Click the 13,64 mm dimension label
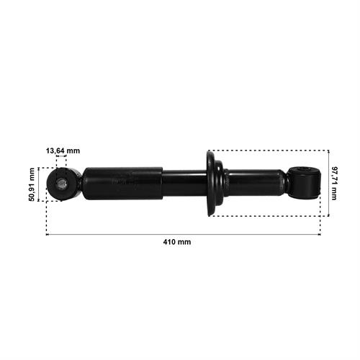[63, 151]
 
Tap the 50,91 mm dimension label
[32, 184]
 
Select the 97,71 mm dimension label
[334, 184]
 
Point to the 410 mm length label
[177, 242]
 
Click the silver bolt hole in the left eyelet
[61, 184]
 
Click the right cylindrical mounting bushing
[305, 184]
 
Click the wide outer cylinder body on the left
[123, 184]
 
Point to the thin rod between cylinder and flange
[185, 184]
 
